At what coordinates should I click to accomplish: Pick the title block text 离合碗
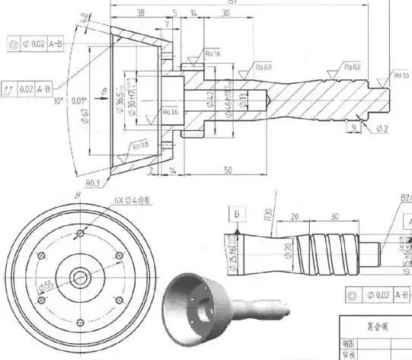[x=372, y=323]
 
